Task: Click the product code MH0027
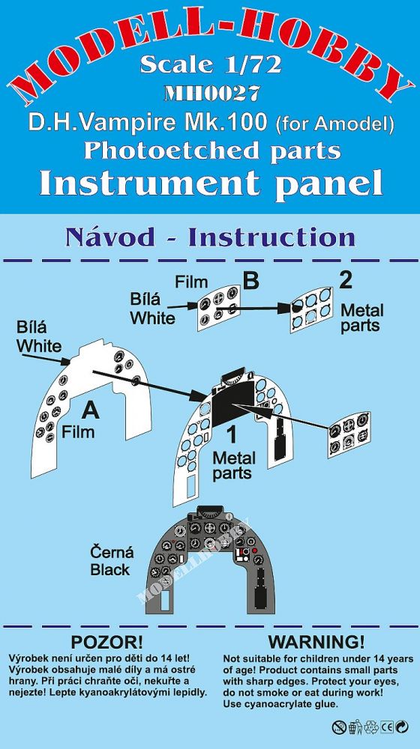(211, 92)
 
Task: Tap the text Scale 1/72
(211, 65)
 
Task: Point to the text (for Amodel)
(334, 124)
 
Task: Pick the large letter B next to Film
(250, 282)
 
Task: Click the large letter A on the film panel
(90, 410)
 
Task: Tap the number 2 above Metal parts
(345, 281)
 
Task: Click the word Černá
(112, 553)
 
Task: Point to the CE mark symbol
(386, 727)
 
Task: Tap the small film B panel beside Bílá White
(218, 308)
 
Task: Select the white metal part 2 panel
(311, 309)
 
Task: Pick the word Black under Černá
(110, 569)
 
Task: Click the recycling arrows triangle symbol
(370, 727)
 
